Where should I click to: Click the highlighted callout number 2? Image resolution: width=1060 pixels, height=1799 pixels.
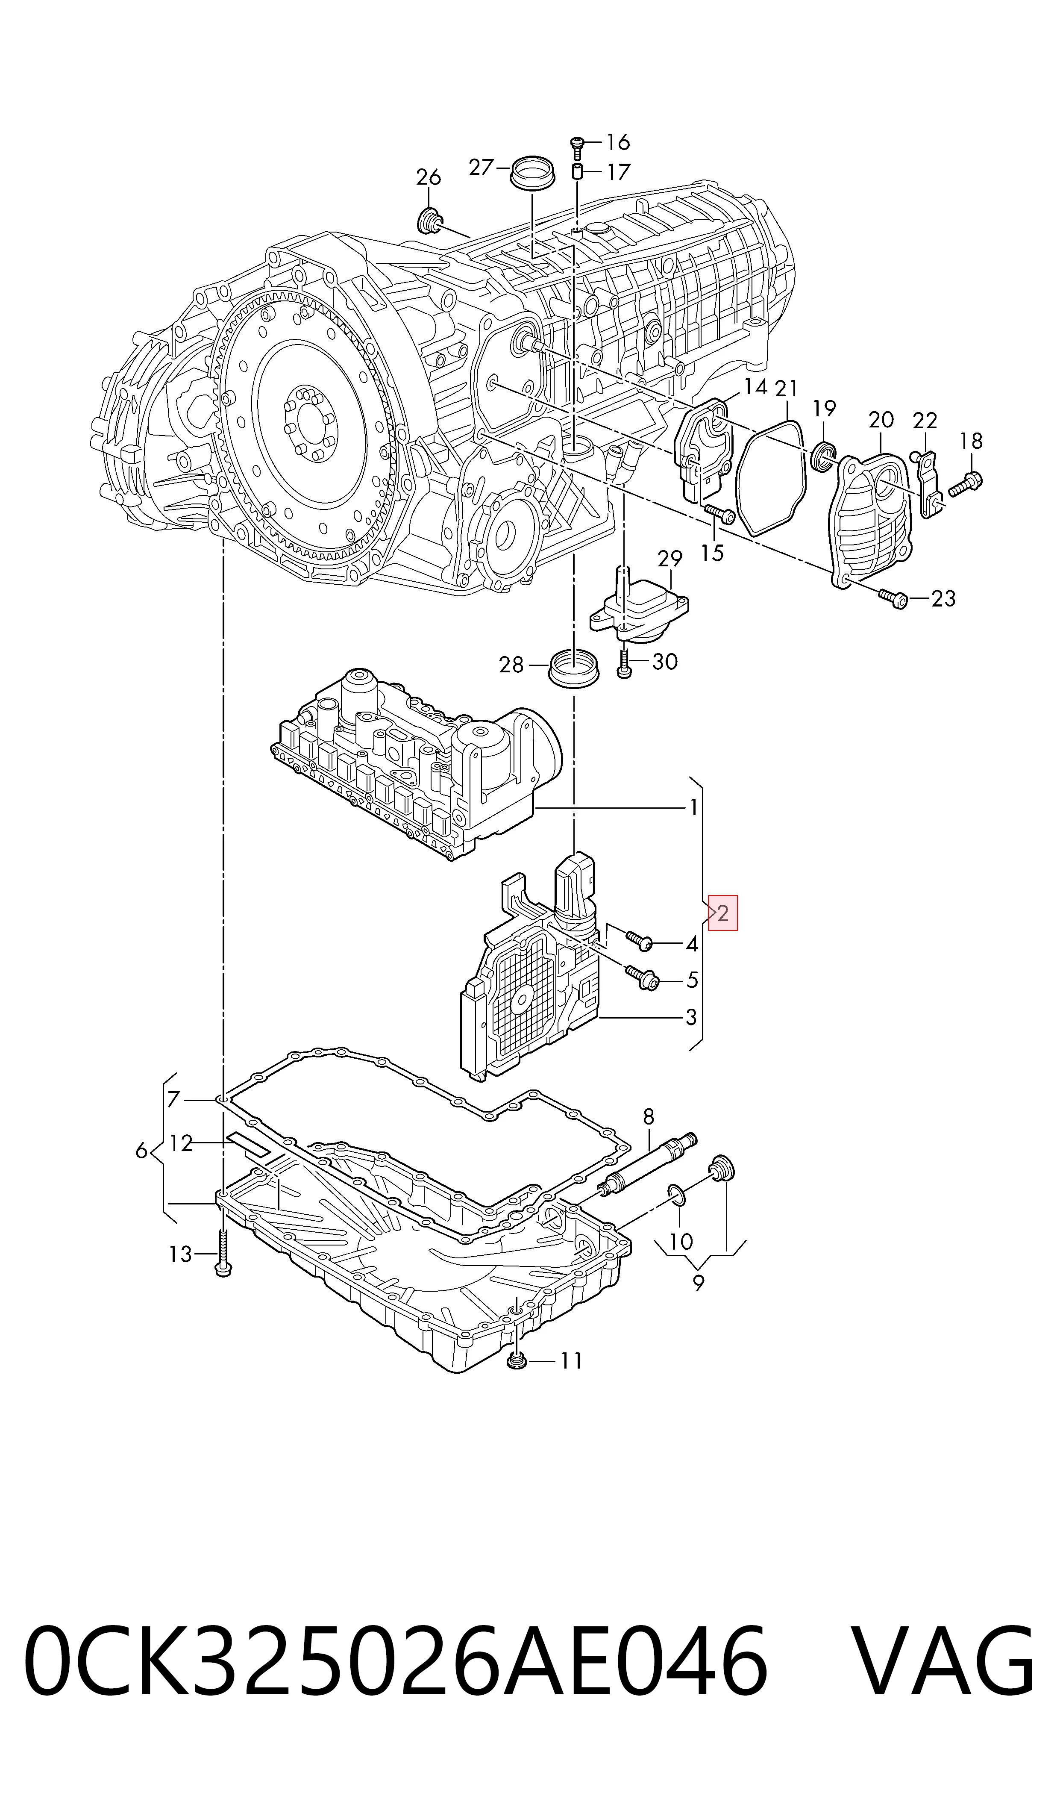(722, 913)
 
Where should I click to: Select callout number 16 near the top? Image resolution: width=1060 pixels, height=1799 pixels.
(618, 142)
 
